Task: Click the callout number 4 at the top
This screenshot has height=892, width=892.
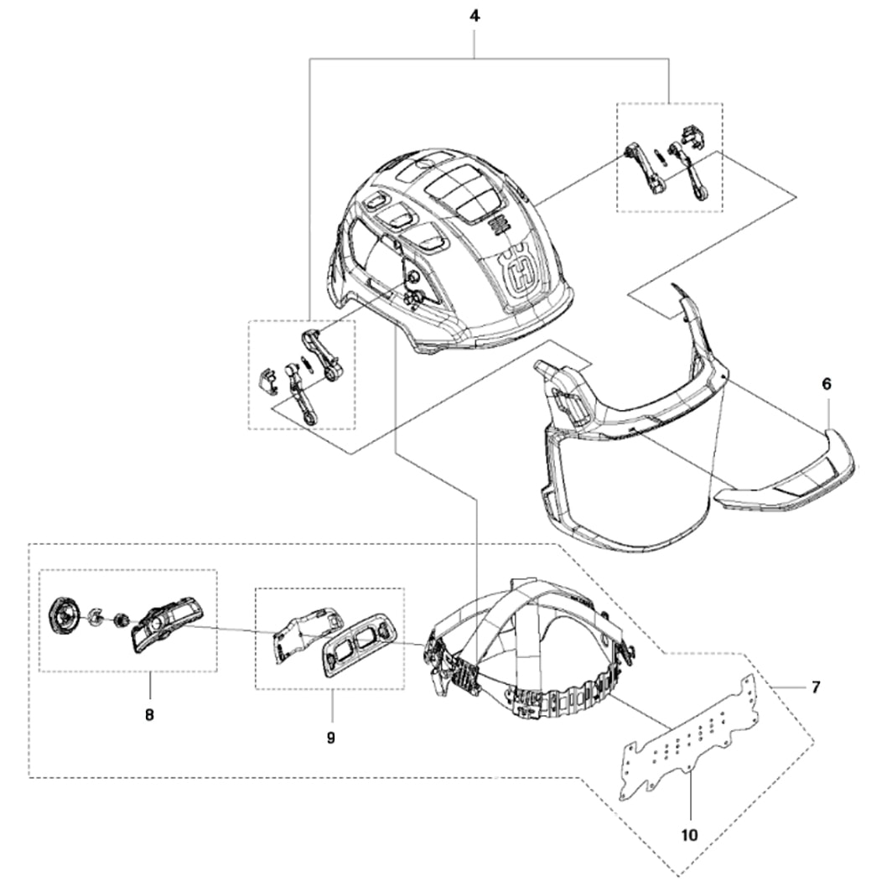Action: (x=475, y=16)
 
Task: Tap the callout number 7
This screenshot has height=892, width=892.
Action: (x=816, y=687)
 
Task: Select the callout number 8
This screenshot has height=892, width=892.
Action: (x=151, y=715)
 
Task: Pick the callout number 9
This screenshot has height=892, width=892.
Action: (x=330, y=738)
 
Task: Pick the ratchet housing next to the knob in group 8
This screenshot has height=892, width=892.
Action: (x=165, y=624)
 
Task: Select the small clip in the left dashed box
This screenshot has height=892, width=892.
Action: (x=267, y=379)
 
